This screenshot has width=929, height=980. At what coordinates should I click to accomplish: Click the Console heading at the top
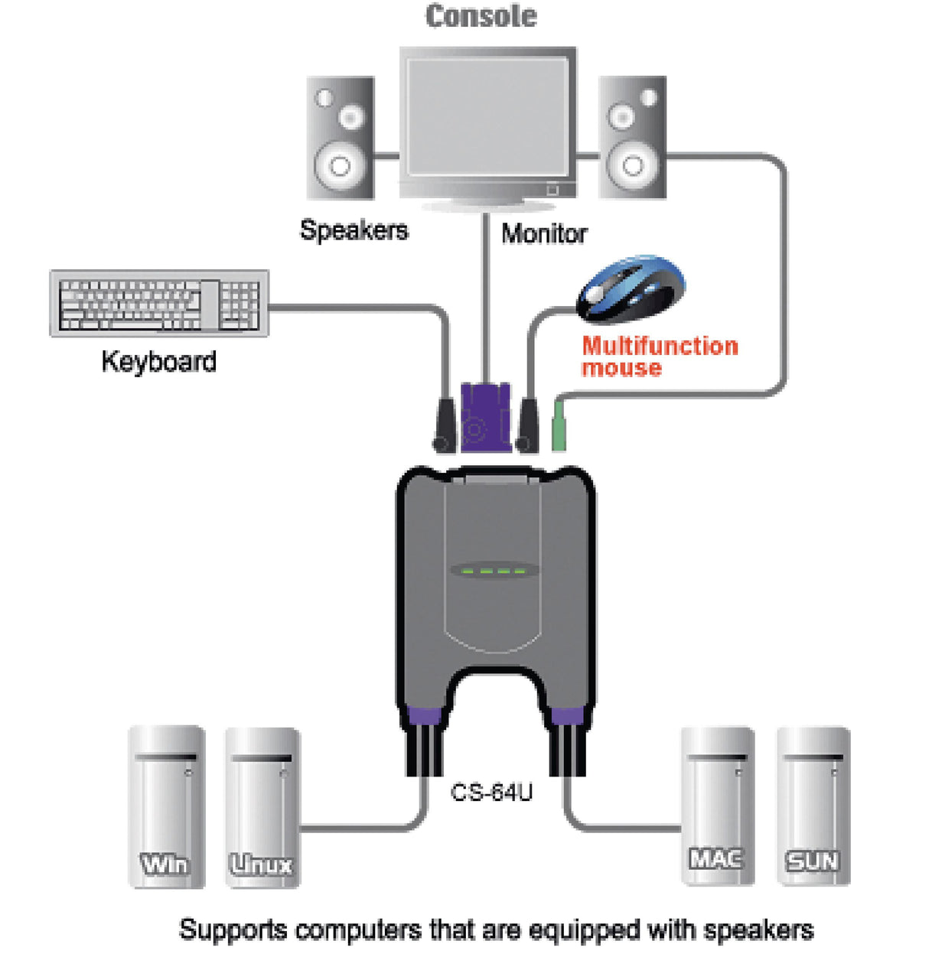coord(481,17)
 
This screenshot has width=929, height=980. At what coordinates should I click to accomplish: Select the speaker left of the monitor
coord(341,138)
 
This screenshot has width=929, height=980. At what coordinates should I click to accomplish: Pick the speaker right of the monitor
coord(631,138)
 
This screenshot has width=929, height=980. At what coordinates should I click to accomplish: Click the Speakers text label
coord(354,230)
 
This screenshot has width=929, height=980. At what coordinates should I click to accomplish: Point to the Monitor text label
coord(544,233)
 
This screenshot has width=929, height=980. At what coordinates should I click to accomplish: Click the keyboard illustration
coord(159,304)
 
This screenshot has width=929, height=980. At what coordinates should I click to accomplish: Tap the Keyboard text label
coord(159,361)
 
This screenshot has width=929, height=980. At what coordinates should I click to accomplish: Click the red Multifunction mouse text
coord(659,357)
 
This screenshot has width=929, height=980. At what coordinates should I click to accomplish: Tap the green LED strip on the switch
coord(489,571)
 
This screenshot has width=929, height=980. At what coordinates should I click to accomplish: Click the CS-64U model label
coord(491,793)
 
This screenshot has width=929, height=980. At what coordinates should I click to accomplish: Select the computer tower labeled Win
coord(166,806)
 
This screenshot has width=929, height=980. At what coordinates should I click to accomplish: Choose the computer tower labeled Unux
coord(262,806)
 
